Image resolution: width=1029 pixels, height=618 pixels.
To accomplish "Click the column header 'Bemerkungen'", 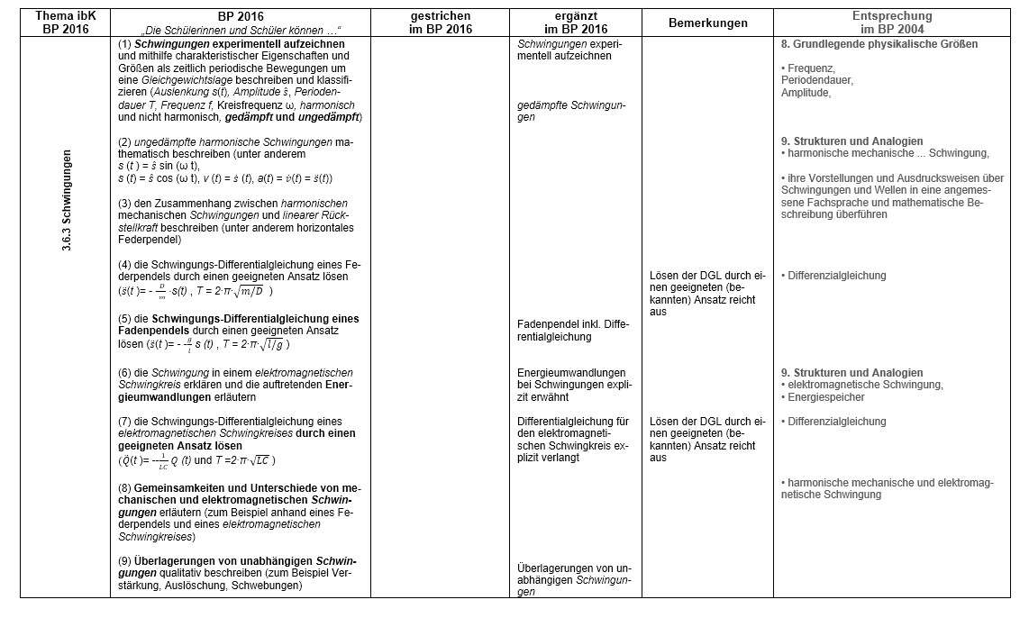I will click(707, 23).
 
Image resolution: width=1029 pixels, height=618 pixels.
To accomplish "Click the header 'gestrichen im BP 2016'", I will click(439, 23).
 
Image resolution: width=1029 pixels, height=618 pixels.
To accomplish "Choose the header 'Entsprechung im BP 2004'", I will click(892, 23).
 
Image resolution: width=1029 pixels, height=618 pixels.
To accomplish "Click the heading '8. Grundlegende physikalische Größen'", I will click(879, 44).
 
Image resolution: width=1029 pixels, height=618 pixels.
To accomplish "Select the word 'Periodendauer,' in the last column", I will click(817, 80).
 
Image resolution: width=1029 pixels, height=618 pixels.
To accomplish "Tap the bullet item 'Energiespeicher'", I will click(827, 397).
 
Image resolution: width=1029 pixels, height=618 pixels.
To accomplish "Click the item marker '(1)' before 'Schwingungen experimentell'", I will click(125, 44).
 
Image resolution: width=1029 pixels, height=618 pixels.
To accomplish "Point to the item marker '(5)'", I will click(125, 319).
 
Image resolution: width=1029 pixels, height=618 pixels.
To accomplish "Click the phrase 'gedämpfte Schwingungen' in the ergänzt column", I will click(570, 111).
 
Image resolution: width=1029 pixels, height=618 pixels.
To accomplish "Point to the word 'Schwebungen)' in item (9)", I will click(270, 586).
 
